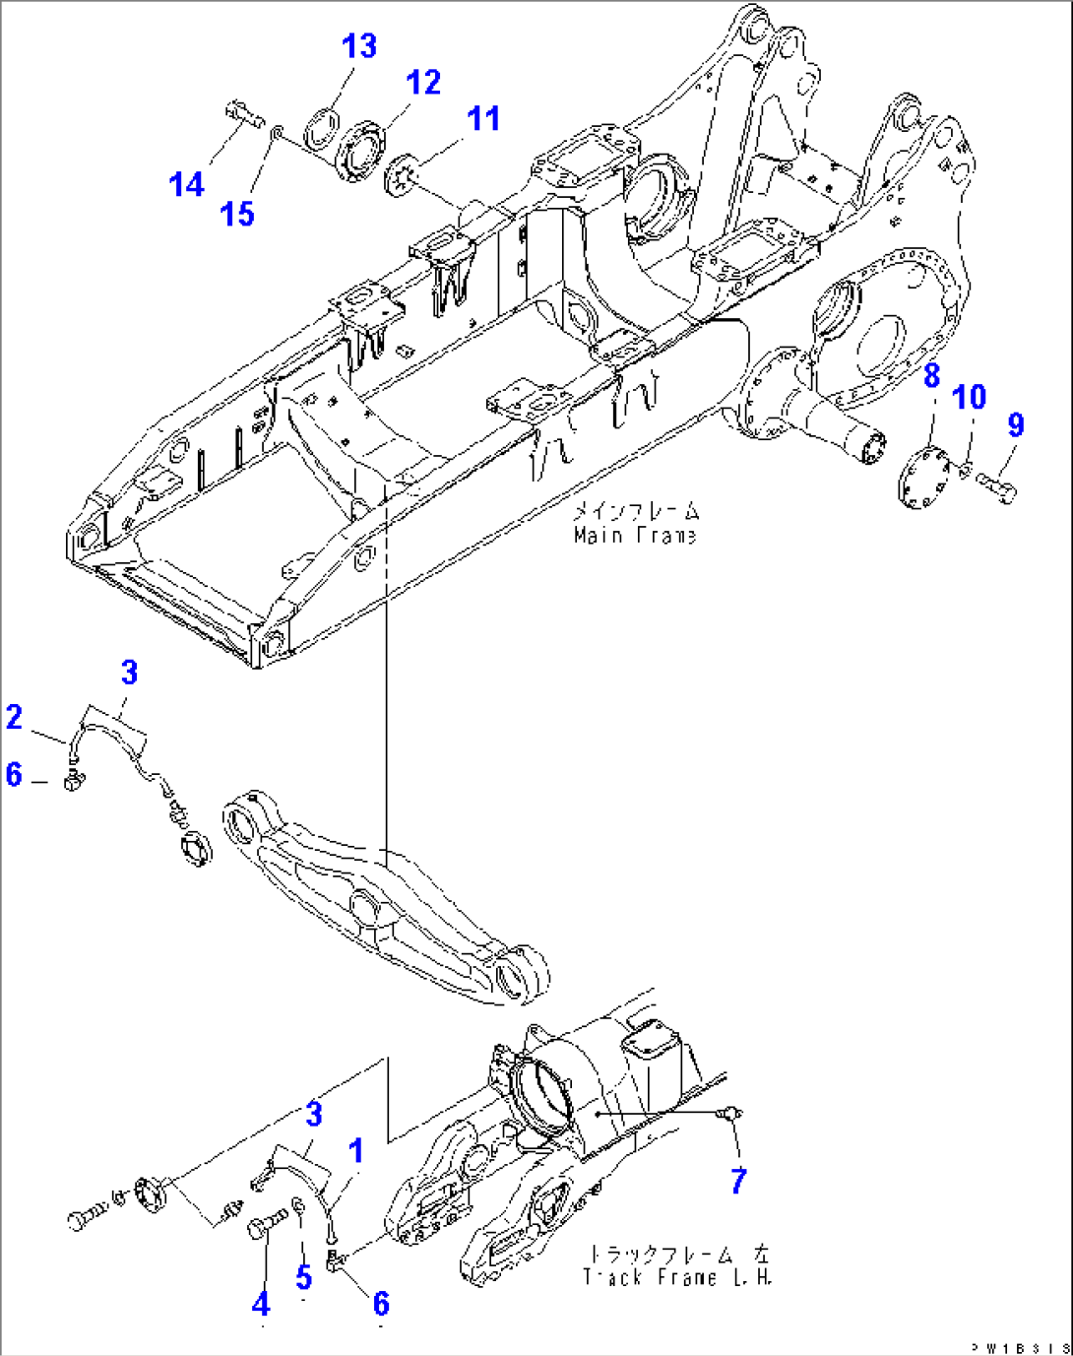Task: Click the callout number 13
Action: (359, 46)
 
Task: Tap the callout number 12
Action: (423, 83)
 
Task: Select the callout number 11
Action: (483, 119)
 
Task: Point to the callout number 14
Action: (186, 184)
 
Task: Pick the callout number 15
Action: (237, 214)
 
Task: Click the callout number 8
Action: (931, 375)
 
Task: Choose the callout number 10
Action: (970, 397)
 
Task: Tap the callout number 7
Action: (738, 1180)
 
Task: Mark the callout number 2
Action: (14, 717)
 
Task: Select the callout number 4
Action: (260, 1304)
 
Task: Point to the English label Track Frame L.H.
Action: (678, 1277)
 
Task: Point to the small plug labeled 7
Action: (729, 1113)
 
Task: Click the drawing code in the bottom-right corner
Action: (1024, 1347)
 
